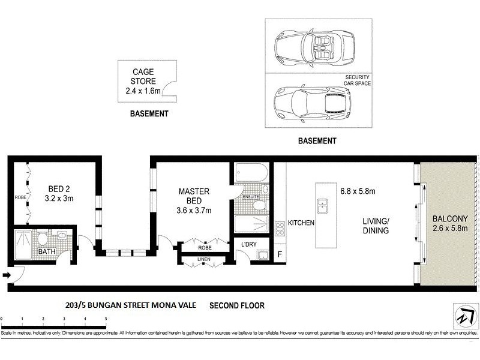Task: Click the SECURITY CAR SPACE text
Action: click(357, 80)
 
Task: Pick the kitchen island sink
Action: click(323, 205)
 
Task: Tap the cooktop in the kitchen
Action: click(280, 228)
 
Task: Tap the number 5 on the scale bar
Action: click(106, 319)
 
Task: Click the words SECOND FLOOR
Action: click(236, 305)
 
